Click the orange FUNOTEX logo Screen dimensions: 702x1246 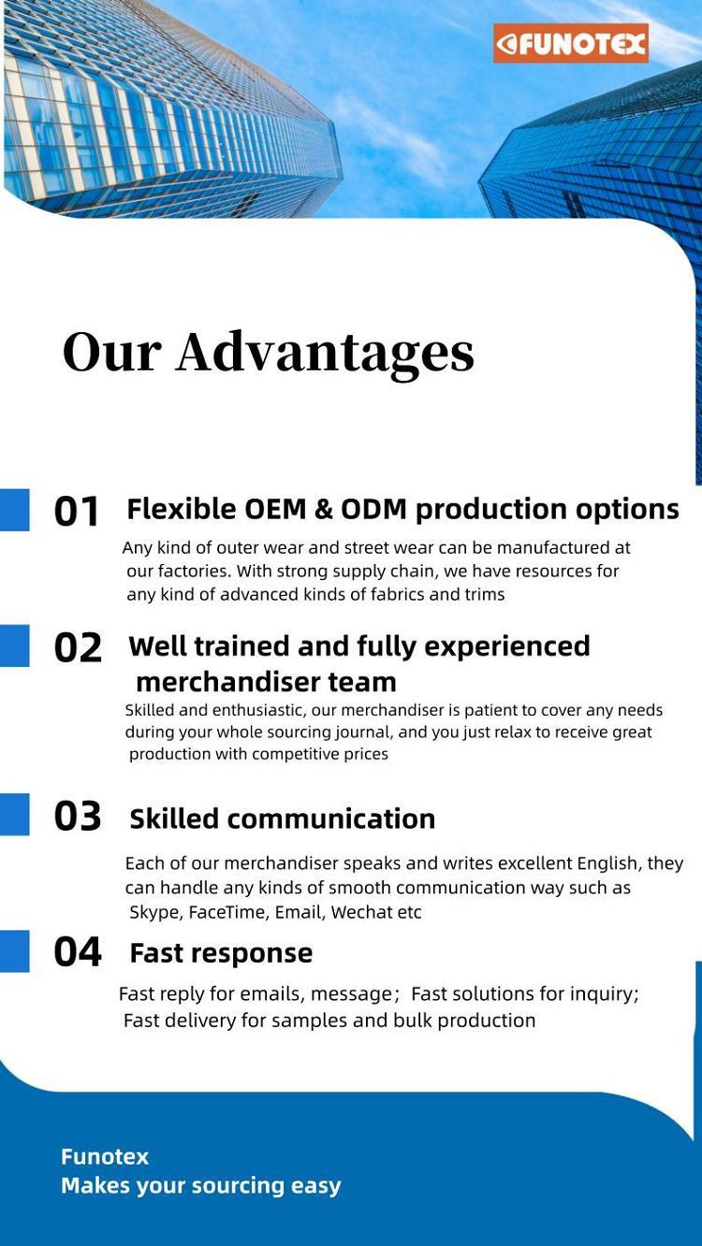[571, 43]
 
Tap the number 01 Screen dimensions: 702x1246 [76, 511]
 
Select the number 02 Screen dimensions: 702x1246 [78, 647]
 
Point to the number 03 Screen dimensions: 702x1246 [78, 816]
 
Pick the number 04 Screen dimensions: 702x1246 [78, 951]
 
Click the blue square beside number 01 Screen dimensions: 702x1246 [14, 510]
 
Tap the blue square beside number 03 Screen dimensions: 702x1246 [14, 815]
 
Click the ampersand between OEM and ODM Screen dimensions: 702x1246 [324, 510]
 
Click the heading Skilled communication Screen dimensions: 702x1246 [283, 819]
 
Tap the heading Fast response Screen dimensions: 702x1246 [221, 954]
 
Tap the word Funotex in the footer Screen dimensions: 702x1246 [105, 1157]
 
